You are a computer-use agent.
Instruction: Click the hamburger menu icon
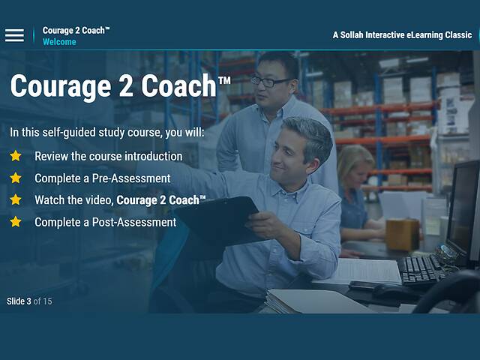coord(14,35)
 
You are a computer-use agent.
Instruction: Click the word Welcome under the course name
coord(59,42)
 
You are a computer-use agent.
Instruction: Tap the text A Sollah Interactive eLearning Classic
coord(402,35)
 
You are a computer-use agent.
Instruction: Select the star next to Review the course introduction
coord(16,156)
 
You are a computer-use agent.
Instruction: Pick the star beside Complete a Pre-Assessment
coord(16,178)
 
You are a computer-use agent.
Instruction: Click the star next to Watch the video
coord(16,199)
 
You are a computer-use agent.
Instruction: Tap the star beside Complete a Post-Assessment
coord(16,221)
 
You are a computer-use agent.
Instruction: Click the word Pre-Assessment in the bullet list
coord(134,178)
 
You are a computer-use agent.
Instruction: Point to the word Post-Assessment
coord(138,222)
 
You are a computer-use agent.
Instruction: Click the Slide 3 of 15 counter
coord(29,301)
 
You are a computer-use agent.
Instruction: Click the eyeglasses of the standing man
coord(271,81)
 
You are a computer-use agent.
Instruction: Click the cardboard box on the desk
coord(402,234)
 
